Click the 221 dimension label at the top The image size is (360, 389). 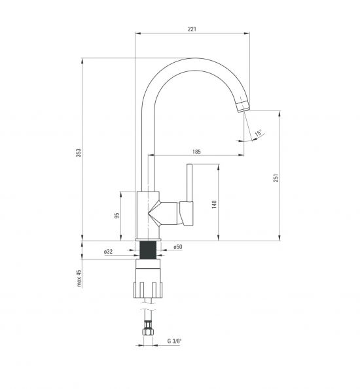click(x=192, y=29)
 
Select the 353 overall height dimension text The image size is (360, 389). click(x=79, y=152)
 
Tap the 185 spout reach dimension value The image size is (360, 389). click(x=196, y=152)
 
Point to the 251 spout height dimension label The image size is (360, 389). click(x=276, y=178)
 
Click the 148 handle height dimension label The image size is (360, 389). click(x=214, y=204)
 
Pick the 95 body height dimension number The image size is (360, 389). click(x=117, y=215)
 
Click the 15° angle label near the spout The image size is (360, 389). click(x=258, y=133)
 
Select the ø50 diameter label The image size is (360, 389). click(x=178, y=247)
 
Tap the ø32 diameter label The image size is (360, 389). click(x=108, y=252)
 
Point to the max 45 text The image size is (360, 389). click(x=79, y=278)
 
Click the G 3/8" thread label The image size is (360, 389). click(x=174, y=341)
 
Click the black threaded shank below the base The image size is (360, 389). click(x=148, y=250)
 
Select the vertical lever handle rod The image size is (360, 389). click(x=190, y=182)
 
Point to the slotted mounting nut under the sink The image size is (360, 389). click(x=148, y=290)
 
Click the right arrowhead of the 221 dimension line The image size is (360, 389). click(x=247, y=33)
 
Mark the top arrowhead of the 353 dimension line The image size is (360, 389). click(x=82, y=61)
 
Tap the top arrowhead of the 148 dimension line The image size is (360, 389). click(x=219, y=167)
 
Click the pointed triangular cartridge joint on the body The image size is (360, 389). click(x=154, y=213)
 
